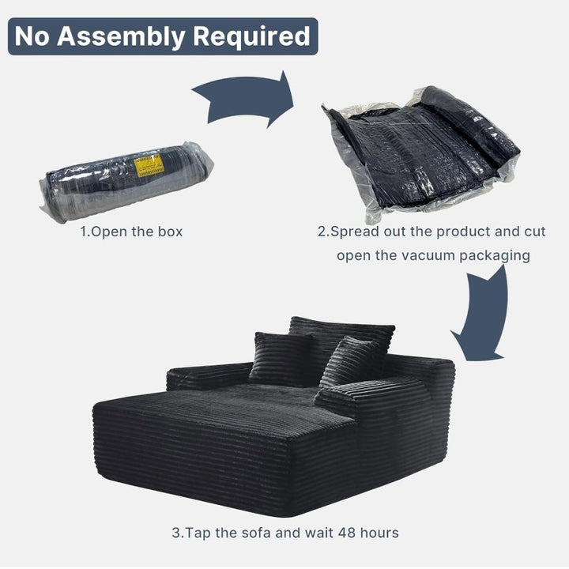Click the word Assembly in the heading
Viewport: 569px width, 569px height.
point(121,37)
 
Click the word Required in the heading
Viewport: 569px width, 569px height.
point(251,37)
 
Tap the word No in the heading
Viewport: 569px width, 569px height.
point(32,36)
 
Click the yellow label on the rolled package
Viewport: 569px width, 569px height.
point(149,165)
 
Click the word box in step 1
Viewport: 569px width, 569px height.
point(170,232)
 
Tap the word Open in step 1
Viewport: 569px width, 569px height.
point(108,232)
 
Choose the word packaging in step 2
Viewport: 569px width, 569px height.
point(495,256)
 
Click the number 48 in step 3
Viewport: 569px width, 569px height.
point(347,533)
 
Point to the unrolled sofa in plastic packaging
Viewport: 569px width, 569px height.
point(421,154)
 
